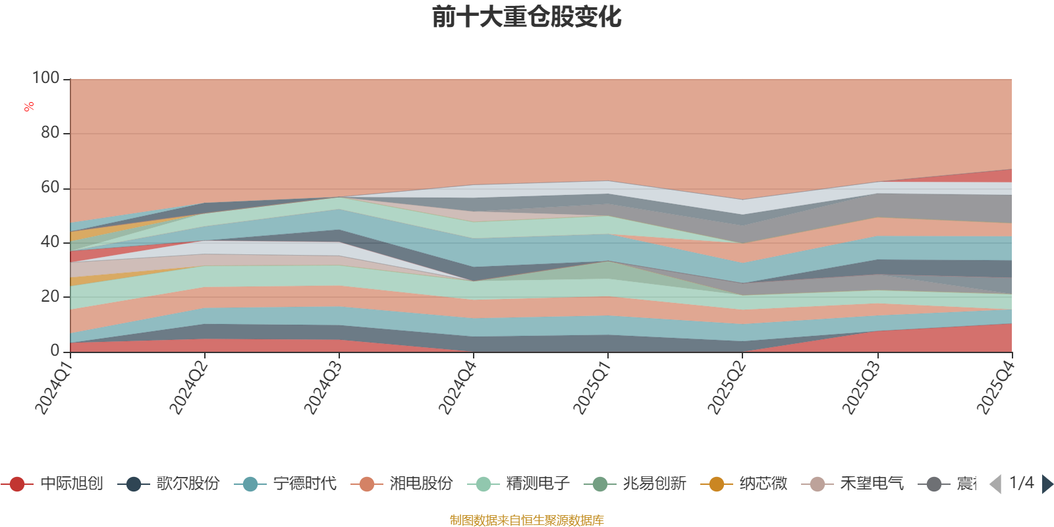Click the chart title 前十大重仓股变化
point(527,17)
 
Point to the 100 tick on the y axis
point(46,78)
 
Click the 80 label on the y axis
point(50,133)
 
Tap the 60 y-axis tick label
point(50,188)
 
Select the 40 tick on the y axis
point(50,242)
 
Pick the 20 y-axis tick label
point(50,296)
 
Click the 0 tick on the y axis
point(55,351)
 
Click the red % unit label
point(29,106)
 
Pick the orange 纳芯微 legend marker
point(716,484)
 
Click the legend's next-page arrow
point(1047,484)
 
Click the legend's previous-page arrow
point(995,484)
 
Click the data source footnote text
point(527,520)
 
